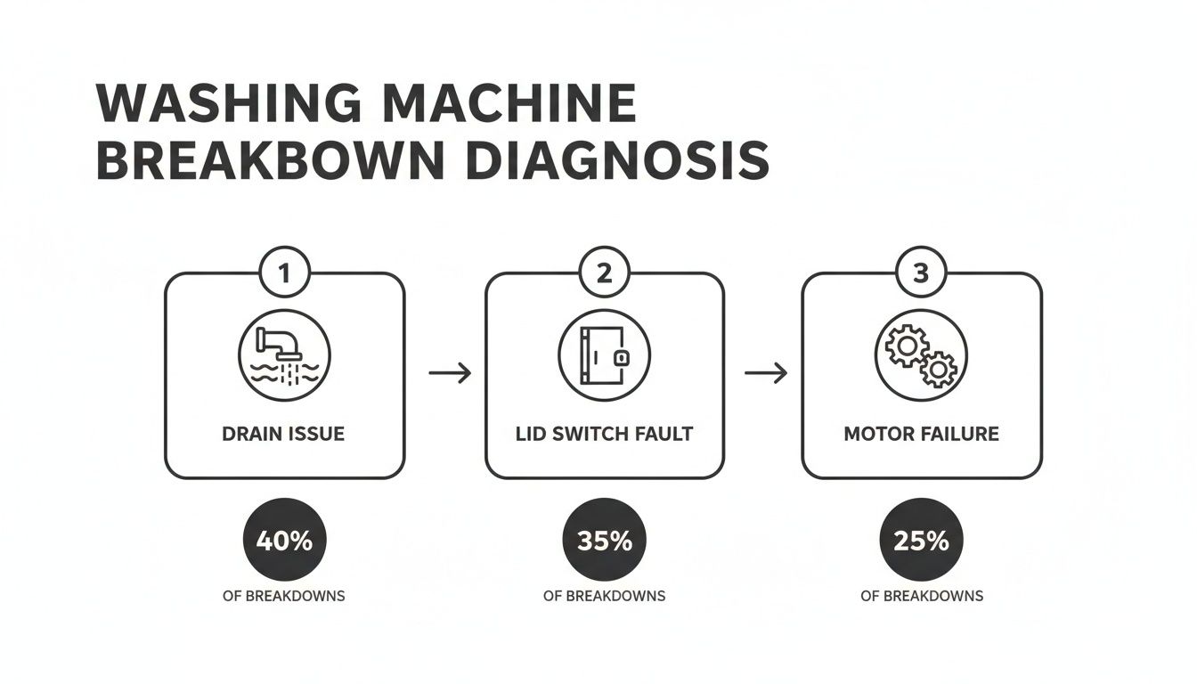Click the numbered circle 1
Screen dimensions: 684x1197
point(284,273)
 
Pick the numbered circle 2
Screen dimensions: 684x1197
point(604,273)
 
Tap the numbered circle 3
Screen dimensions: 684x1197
point(921,273)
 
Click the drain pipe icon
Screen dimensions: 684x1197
point(284,355)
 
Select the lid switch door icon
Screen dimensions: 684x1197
point(604,355)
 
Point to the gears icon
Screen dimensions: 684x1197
point(921,355)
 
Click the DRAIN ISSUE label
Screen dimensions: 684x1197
point(284,434)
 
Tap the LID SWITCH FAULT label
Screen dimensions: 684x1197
point(604,434)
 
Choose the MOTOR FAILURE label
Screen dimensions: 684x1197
point(921,434)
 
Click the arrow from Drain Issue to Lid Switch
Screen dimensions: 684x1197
point(450,373)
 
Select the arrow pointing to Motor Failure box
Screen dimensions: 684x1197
point(766,373)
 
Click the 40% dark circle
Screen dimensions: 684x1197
point(284,540)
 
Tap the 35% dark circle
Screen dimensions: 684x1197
point(604,540)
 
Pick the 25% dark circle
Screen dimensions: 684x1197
point(921,540)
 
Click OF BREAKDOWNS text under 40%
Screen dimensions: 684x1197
point(284,596)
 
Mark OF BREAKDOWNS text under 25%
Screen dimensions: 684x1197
point(921,596)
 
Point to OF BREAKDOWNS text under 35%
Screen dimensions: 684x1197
point(604,596)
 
